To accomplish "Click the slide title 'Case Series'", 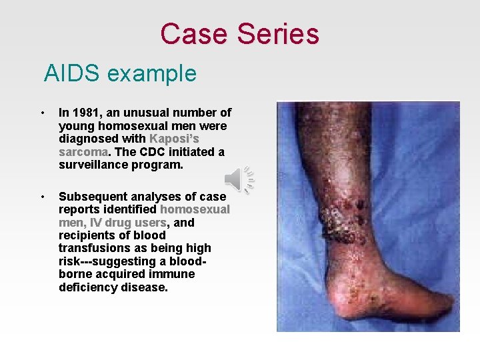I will click(239, 34).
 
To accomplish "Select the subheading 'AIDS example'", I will click(120, 73).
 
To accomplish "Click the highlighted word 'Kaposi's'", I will click(174, 139).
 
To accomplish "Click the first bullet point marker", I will click(43, 113).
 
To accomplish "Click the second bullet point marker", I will click(43, 197).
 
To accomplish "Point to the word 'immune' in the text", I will click(173, 274).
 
